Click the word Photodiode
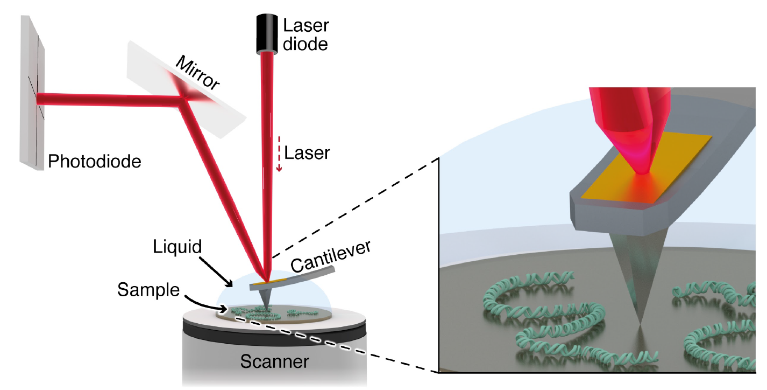pyautogui.click(x=95, y=161)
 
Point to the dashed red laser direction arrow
pyautogui.click(x=279, y=157)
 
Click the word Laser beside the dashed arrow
pyautogui.click(x=307, y=153)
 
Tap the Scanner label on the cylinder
pyautogui.click(x=274, y=361)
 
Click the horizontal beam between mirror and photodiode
pyautogui.click(x=108, y=99)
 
